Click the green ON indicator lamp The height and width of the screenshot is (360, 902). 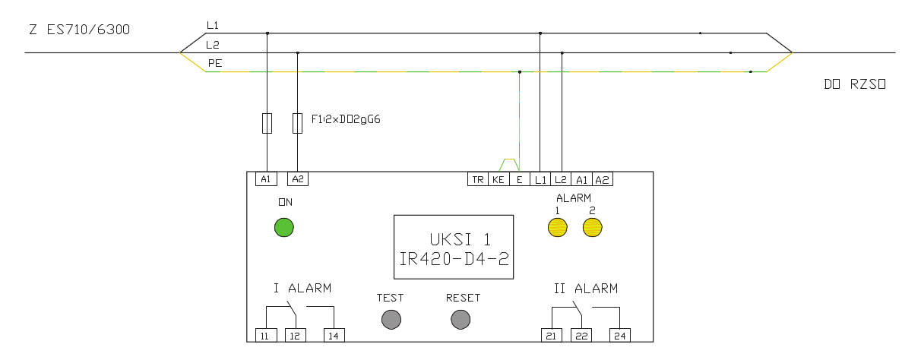tap(284, 227)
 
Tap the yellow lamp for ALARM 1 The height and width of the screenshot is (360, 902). tap(558, 227)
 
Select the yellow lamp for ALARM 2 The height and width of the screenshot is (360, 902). tap(592, 227)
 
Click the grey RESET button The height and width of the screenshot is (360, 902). tap(460, 319)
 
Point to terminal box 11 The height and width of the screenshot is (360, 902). tap(266, 336)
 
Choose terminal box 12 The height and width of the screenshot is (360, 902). tap(296, 336)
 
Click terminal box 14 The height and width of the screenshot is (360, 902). tap(334, 336)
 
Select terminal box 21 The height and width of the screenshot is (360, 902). tap(551, 336)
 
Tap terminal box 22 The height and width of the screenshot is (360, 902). tap(581, 336)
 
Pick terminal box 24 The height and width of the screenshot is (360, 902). tap(619, 336)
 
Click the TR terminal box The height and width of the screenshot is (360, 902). tap(478, 178)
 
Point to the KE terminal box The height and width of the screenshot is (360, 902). tap(498, 178)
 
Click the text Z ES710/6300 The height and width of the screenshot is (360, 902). tap(79, 30)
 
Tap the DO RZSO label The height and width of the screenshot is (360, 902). tap(855, 84)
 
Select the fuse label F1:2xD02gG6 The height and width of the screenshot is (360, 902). tap(347, 119)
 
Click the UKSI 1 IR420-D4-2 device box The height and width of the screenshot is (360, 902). tap(454, 248)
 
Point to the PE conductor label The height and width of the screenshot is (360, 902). tap(215, 64)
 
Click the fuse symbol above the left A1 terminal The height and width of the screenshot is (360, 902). tap(267, 123)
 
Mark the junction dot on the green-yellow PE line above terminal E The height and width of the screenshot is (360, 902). tap(520, 72)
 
